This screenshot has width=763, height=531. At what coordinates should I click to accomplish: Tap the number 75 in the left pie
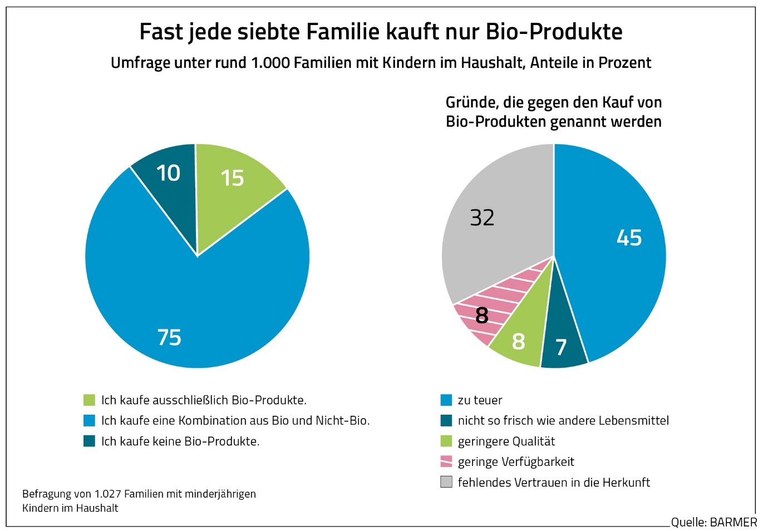(169, 337)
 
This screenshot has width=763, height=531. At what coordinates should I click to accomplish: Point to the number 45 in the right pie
(629, 238)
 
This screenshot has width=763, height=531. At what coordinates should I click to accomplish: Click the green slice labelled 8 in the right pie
(518, 341)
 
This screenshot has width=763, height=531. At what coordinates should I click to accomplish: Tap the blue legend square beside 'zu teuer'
(446, 400)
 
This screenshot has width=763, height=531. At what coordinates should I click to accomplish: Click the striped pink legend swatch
(446, 461)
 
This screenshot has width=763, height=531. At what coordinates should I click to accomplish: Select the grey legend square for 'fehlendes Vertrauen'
(446, 482)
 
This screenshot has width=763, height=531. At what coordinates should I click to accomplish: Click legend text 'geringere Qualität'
(506, 441)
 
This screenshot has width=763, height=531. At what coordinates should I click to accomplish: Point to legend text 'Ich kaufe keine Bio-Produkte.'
(180, 441)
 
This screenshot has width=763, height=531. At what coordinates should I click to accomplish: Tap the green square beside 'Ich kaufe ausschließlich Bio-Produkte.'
(89, 400)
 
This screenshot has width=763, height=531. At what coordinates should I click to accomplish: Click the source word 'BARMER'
(733, 523)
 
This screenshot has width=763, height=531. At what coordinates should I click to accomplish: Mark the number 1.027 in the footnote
(107, 494)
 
